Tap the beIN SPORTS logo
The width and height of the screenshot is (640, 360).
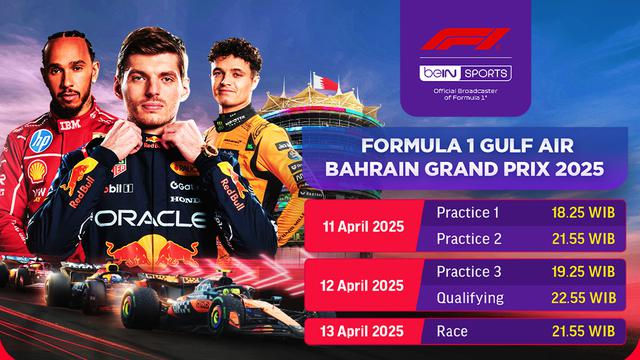pyautogui.click(x=465, y=73)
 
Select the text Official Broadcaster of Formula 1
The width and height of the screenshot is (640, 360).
pyautogui.click(x=465, y=96)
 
